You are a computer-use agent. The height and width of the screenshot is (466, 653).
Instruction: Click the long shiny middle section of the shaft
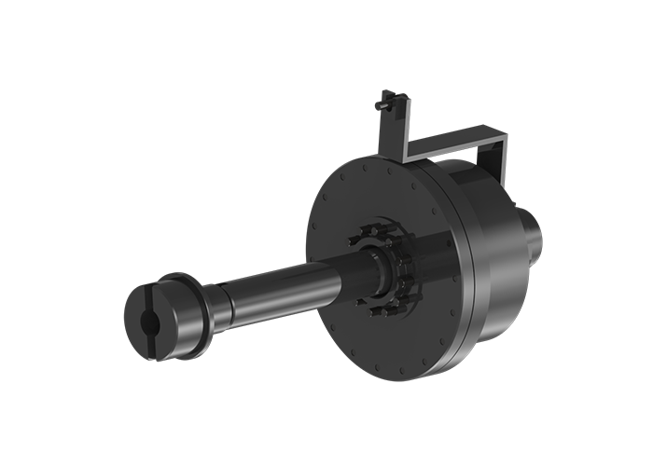(x=280, y=285)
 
